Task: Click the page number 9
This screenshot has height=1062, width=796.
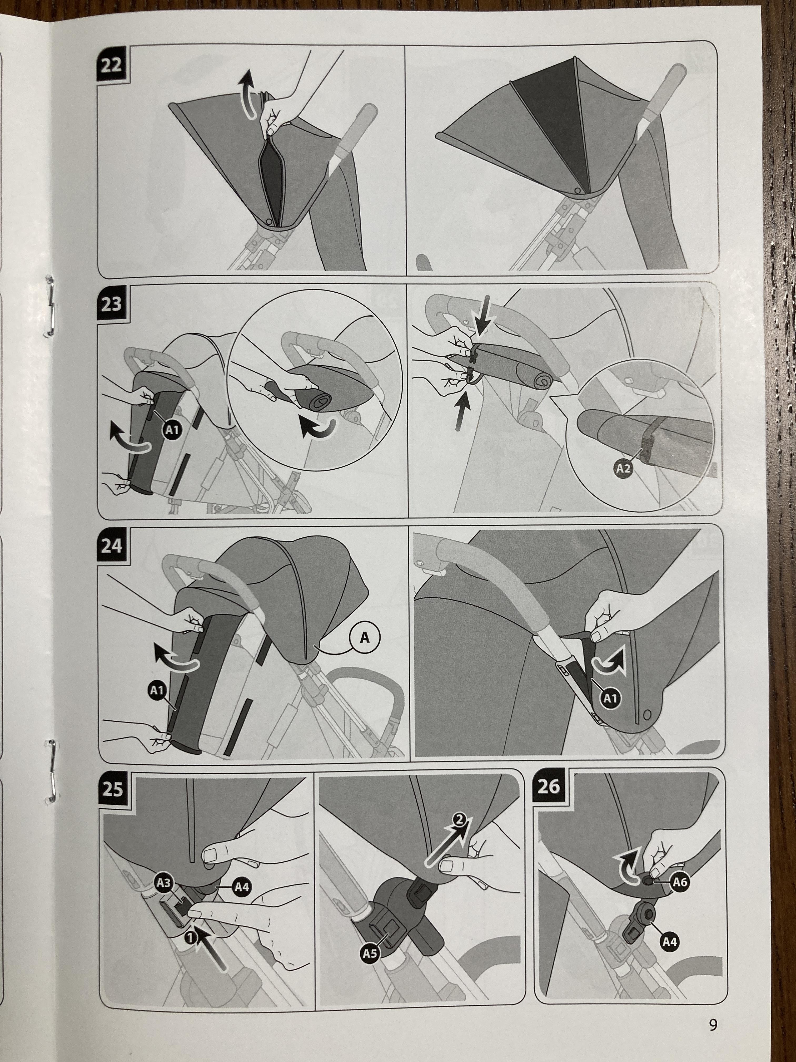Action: [713, 1022]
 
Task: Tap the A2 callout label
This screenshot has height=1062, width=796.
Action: [623, 469]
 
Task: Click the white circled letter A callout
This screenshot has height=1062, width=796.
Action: [365, 637]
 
